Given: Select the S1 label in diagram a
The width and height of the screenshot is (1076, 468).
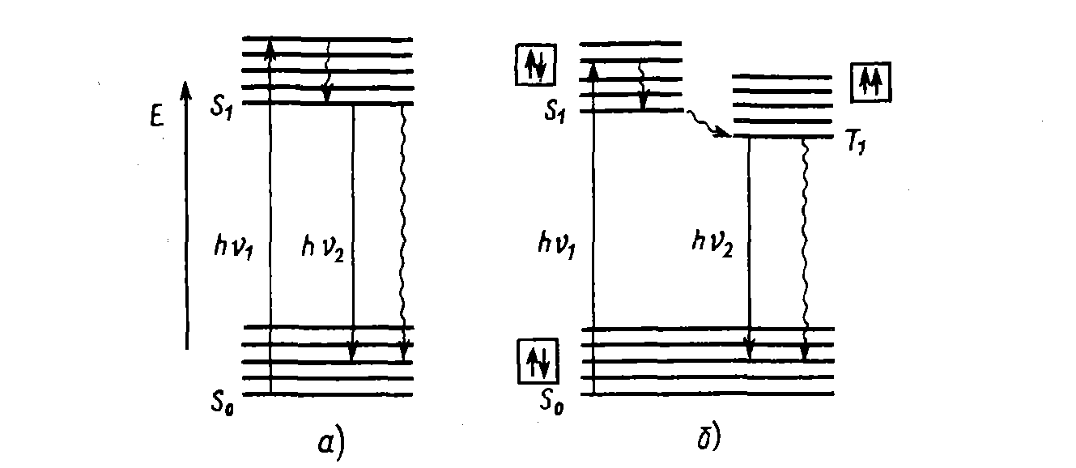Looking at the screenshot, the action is click(223, 107).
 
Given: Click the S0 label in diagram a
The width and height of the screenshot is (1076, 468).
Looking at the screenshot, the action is click(223, 399).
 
